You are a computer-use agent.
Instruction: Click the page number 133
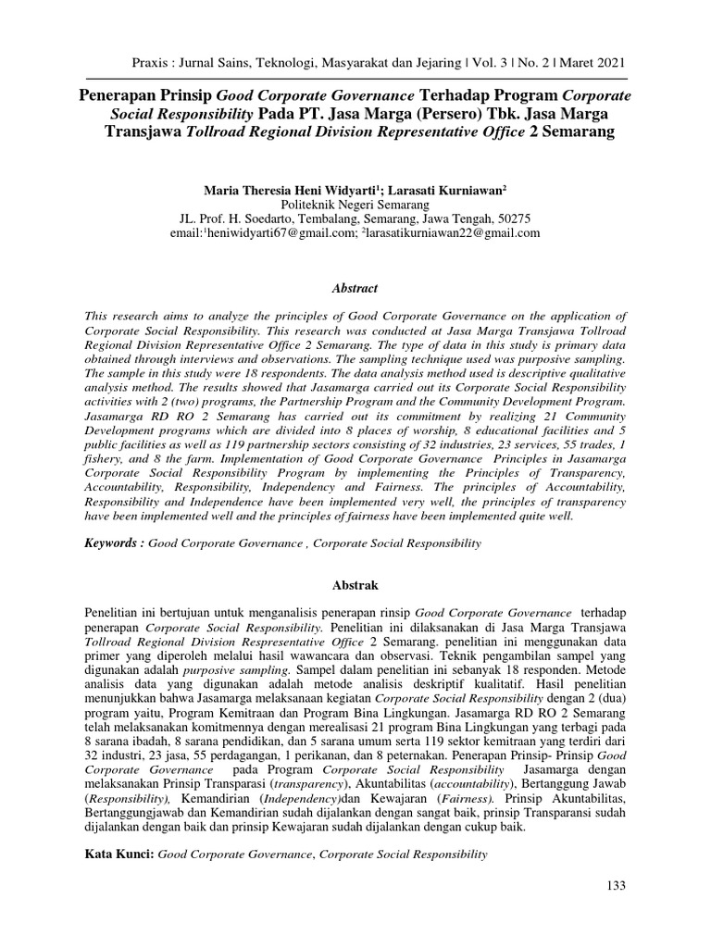coord(617,886)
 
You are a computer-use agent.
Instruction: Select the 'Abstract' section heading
coord(355,289)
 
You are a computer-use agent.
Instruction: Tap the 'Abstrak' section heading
coord(355,585)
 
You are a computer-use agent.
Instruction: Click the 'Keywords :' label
coord(116,544)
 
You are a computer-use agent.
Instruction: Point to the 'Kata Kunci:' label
coord(119,854)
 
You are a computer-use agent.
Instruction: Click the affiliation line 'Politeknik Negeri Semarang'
coord(355,205)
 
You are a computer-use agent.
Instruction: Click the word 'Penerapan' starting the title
coord(116,94)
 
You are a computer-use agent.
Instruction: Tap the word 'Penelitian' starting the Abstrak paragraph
coord(115,613)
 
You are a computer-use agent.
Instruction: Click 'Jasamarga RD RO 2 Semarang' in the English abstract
coord(163,418)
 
